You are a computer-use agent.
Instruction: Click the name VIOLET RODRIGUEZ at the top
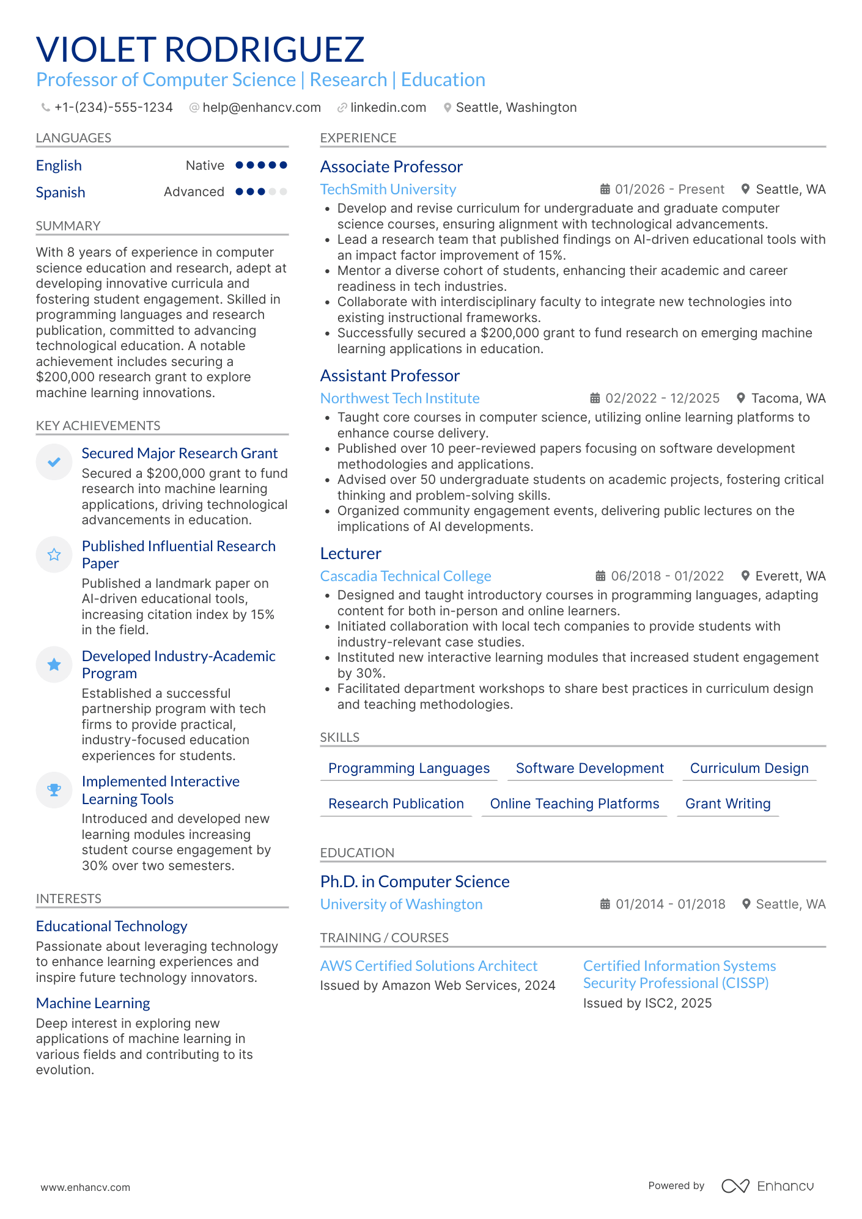[200, 49]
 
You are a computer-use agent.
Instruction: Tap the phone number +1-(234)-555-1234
[113, 108]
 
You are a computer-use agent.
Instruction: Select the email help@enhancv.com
[261, 108]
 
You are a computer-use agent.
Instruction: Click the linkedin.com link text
[388, 108]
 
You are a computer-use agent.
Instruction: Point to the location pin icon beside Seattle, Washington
[448, 108]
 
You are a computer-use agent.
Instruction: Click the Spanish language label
[61, 192]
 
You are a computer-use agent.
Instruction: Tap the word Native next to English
[205, 166]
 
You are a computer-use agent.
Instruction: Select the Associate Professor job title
[391, 167]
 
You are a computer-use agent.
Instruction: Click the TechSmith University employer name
[388, 189]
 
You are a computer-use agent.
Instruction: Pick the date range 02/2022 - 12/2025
[662, 398]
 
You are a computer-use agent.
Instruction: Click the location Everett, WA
[790, 576]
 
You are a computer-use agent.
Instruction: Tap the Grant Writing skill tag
[728, 804]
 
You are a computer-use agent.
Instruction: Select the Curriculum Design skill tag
[749, 768]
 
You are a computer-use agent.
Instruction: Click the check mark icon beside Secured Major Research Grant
[54, 462]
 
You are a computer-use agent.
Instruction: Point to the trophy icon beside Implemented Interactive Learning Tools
[54, 790]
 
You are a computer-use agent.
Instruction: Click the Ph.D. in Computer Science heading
[414, 882]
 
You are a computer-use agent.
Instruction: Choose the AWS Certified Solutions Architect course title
[429, 966]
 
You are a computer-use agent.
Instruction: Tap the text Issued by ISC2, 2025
[647, 1003]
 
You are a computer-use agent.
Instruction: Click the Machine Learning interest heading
[93, 1003]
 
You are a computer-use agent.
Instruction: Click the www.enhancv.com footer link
[86, 1187]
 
